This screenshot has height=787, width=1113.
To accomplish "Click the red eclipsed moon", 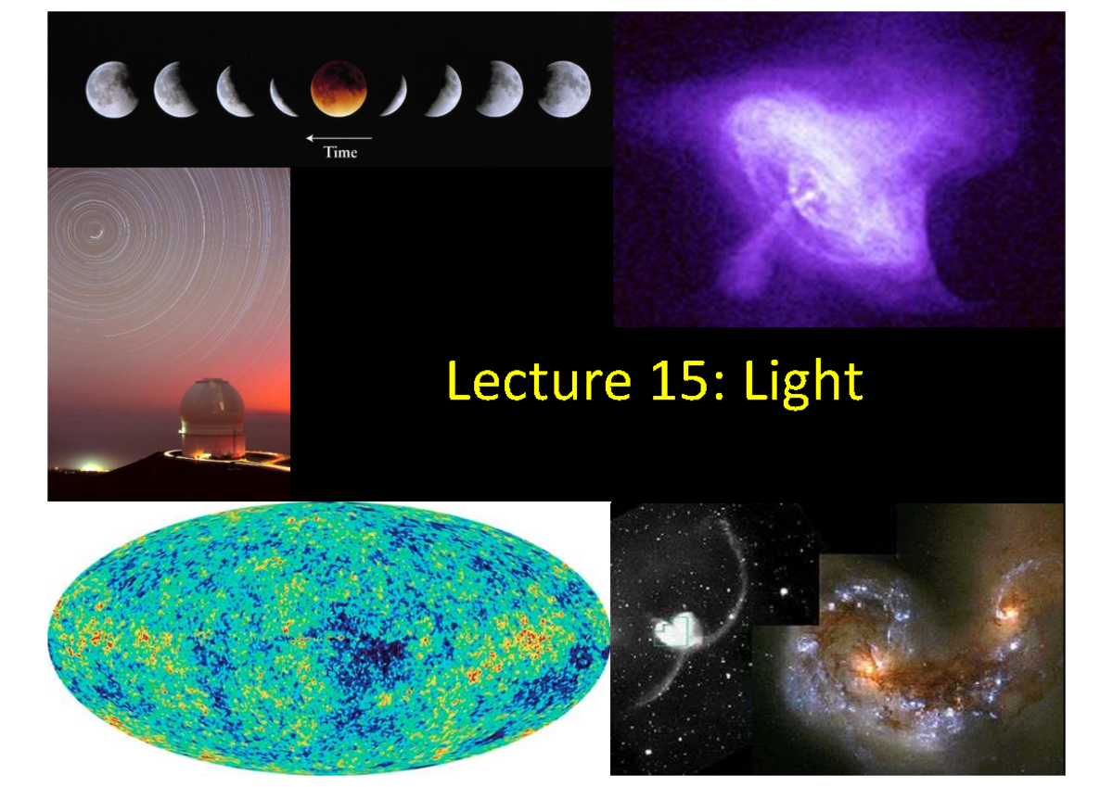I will pos(339,89).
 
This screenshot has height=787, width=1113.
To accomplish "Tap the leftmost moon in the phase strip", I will pos(112,90).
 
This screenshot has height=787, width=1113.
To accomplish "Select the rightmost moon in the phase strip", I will pos(564,89).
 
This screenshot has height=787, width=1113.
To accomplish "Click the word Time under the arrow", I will pos(339,153).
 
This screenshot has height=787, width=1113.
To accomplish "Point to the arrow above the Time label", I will pos(339,138).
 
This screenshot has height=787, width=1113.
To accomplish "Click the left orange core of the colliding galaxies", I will pos(869,665).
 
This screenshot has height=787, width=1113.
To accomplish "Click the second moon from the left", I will pos(175,90).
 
